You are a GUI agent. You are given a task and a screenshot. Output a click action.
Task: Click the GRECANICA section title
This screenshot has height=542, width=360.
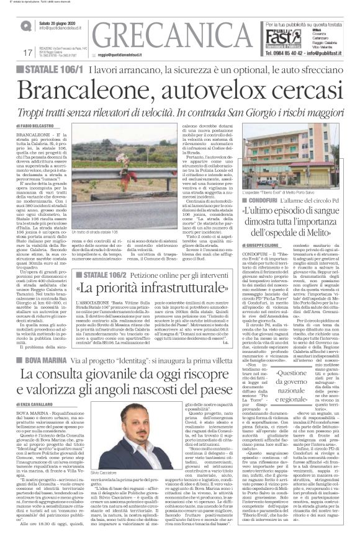tap(173, 35)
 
